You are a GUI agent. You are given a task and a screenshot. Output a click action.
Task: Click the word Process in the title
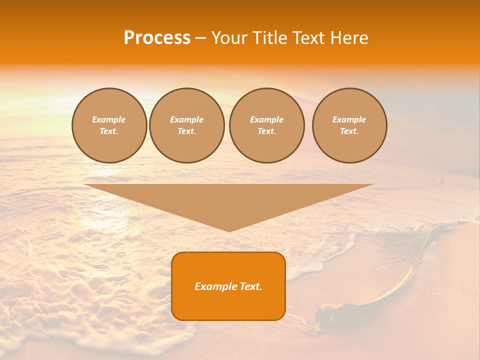tap(157, 38)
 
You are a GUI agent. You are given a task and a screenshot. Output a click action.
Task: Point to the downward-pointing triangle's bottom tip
tap(229, 231)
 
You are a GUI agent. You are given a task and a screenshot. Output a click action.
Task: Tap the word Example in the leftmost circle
tap(109, 119)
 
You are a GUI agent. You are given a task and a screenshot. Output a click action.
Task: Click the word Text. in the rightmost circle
tap(349, 131)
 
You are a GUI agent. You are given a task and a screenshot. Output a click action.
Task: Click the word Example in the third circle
tap(266, 119)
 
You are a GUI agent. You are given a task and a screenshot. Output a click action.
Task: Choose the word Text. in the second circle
tap(186, 131)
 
